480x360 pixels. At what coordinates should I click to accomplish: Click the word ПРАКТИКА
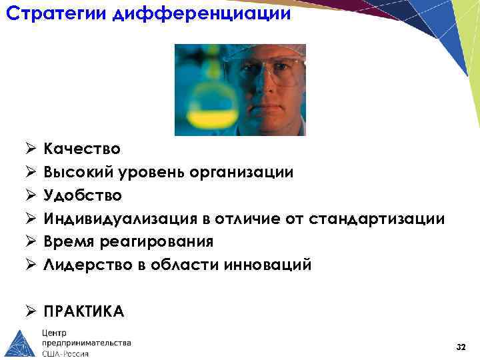click(84, 311)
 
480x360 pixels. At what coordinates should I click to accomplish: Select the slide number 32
click(460, 347)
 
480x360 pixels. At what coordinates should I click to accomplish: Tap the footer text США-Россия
click(65, 353)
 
